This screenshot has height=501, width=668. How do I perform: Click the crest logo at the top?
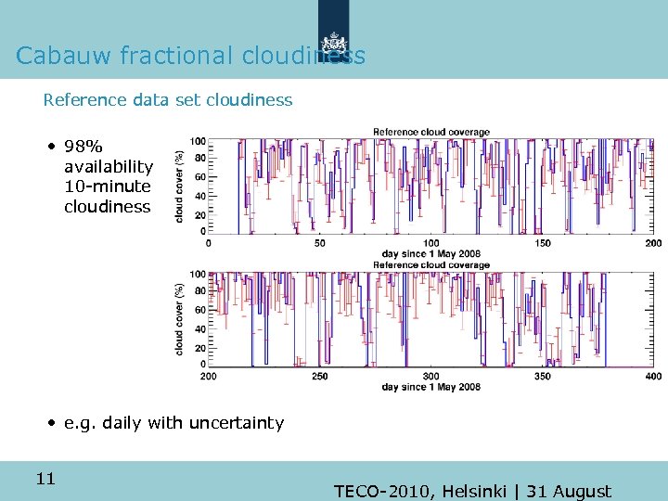[334, 44]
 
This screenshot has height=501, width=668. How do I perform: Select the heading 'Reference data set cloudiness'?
[168, 99]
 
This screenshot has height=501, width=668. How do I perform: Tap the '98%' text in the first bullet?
[83, 147]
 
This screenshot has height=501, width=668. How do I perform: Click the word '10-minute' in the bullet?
[107, 186]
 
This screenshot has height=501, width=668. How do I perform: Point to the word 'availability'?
[109, 167]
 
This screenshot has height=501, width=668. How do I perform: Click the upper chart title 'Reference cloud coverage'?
[430, 133]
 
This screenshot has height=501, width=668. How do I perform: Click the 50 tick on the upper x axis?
[319, 243]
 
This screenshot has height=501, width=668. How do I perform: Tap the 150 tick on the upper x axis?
[543, 243]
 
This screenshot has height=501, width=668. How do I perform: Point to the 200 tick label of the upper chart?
[653, 243]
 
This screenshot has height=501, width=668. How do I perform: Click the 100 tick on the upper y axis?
[198, 141]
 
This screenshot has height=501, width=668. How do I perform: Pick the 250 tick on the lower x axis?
[319, 376]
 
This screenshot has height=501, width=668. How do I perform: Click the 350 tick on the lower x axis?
[543, 376]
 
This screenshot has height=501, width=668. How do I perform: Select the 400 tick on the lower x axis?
[653, 376]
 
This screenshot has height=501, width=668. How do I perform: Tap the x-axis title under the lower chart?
[430, 387]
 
